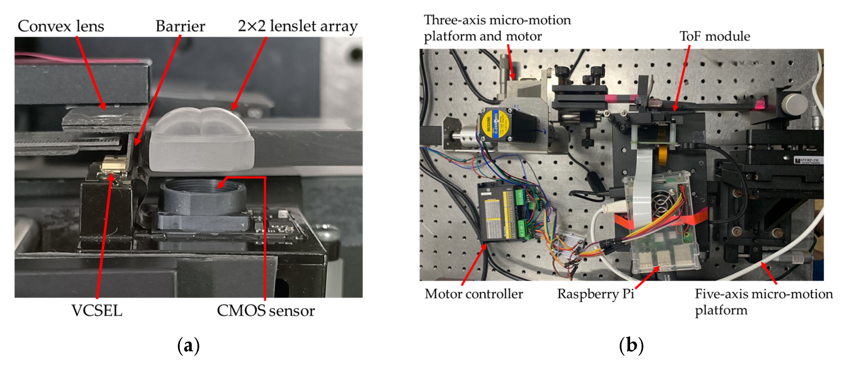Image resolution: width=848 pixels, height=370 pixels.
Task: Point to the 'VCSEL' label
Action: pos(97,310)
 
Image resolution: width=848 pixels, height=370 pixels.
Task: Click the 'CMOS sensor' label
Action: pos(266,310)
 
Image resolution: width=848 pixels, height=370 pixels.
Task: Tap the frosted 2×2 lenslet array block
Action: pos(201,140)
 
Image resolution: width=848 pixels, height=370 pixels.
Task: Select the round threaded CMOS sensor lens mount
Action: pos(202,196)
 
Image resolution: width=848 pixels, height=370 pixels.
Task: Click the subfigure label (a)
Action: pos(188,346)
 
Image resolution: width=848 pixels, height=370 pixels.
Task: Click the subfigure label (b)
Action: pos(631,346)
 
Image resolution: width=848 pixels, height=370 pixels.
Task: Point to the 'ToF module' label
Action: pos(715,36)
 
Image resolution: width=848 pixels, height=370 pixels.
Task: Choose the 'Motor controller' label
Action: pos(474,294)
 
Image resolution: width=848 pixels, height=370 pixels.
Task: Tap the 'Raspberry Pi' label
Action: pos(596,294)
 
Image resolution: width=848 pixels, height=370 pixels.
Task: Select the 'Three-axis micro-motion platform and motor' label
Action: pos(497,28)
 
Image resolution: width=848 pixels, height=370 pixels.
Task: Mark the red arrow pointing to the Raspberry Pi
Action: pos(647,278)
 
